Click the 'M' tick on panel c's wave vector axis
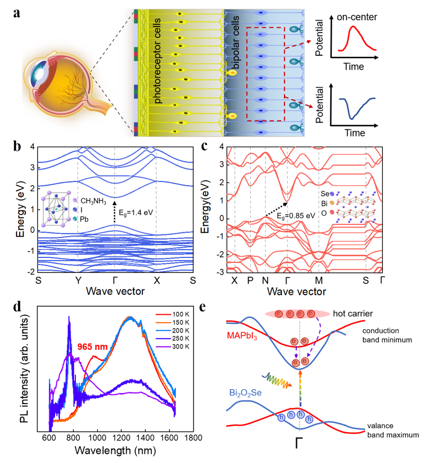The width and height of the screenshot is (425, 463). (x=319, y=280)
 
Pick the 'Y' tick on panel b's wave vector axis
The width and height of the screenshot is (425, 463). (x=78, y=280)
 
